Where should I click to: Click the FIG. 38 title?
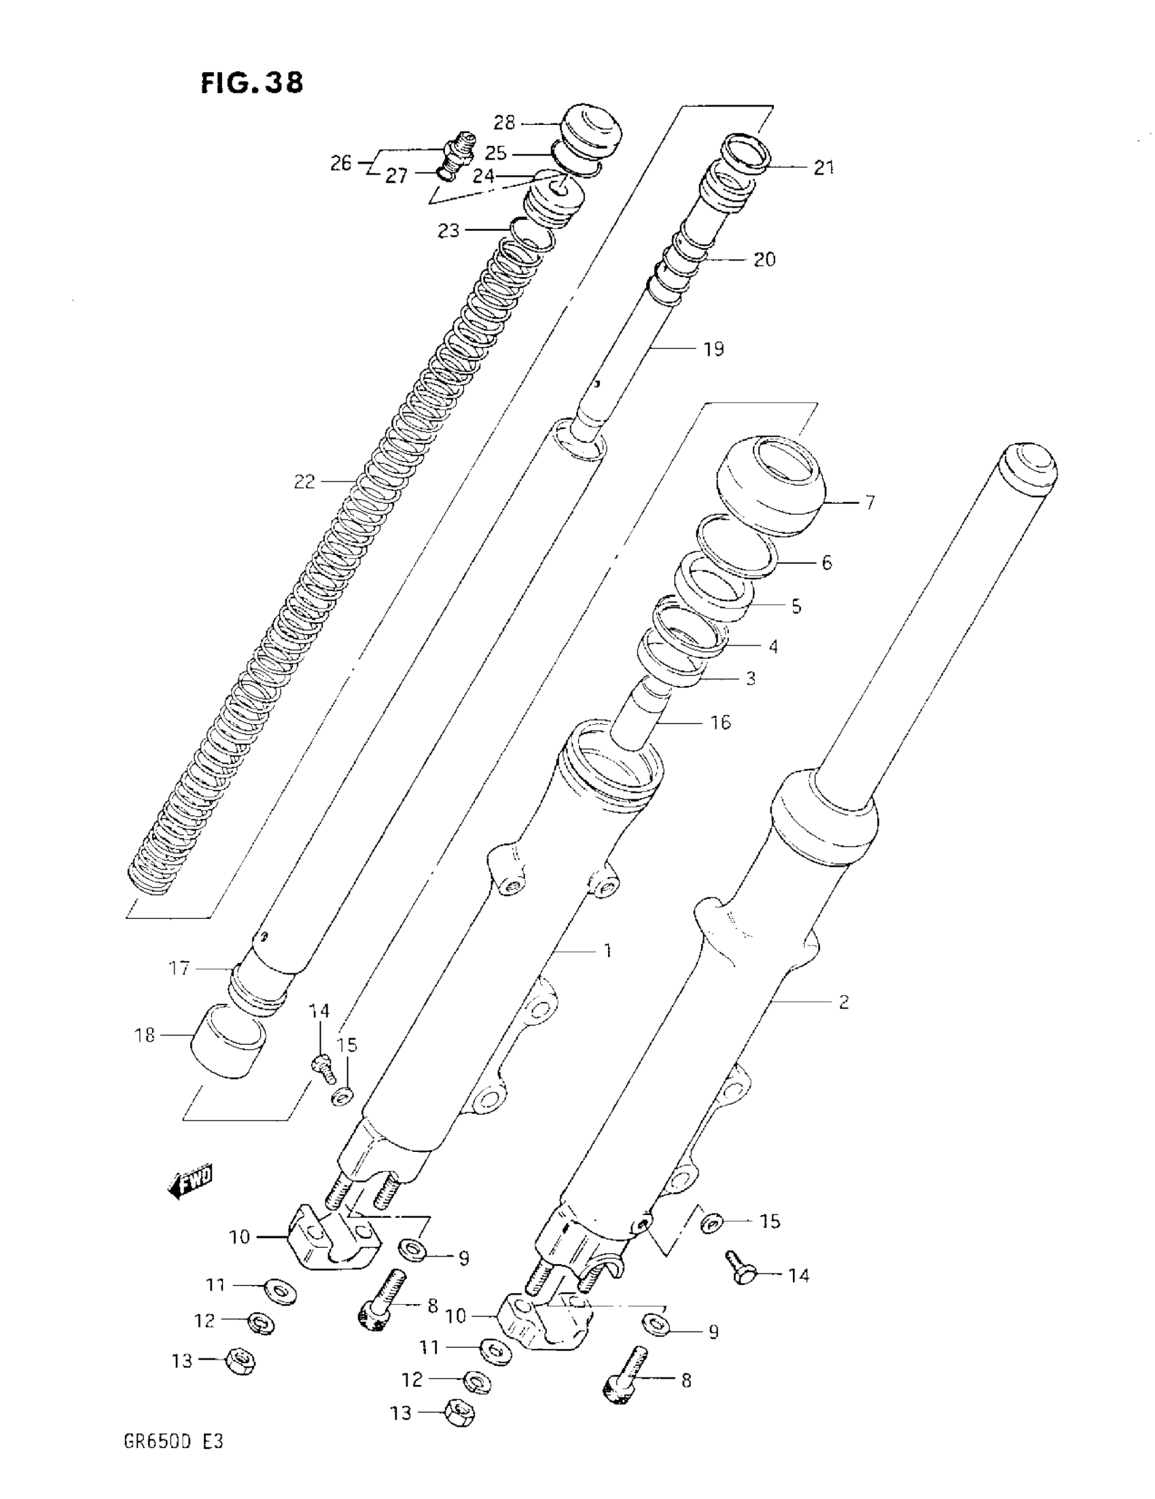click(251, 83)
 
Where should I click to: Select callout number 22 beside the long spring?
click(304, 482)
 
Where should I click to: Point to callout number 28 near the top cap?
click(504, 123)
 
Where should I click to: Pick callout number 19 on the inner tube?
click(713, 349)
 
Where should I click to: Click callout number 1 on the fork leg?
click(607, 951)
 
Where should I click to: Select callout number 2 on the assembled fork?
click(844, 1001)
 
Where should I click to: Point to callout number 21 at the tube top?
click(823, 167)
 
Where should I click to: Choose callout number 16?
click(720, 722)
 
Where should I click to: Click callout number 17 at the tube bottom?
click(179, 969)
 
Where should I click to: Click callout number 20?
click(764, 259)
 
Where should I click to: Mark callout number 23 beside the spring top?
click(448, 231)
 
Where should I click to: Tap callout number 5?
click(796, 606)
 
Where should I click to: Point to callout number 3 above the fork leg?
click(751, 678)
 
